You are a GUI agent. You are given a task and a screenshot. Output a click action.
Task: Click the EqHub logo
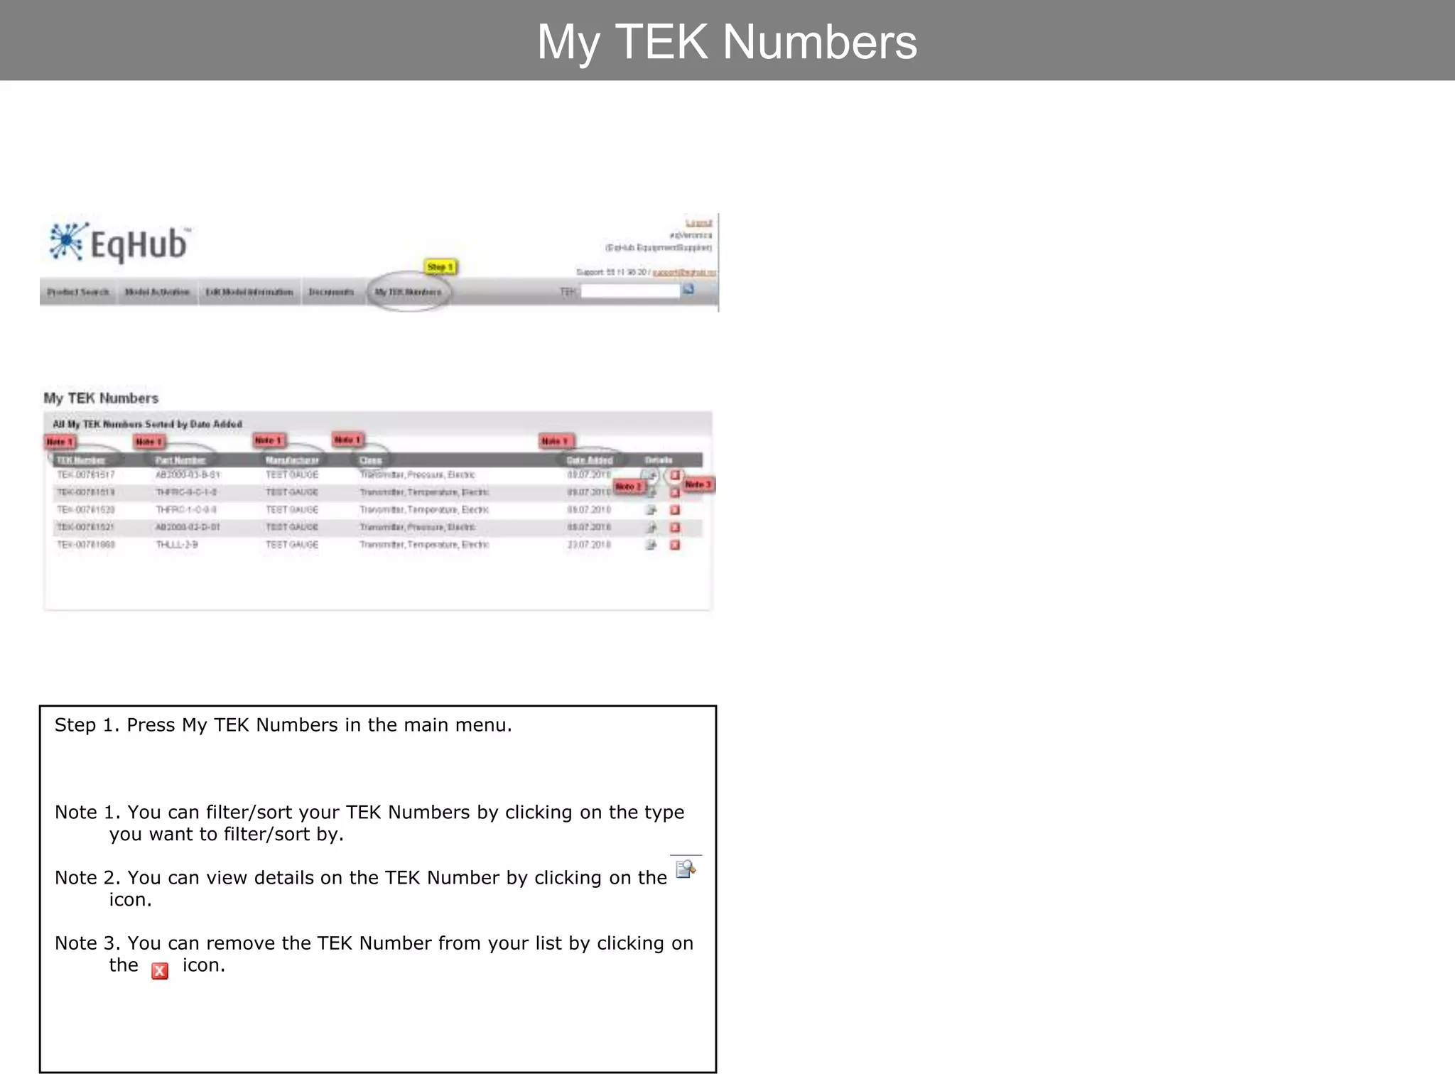(x=119, y=244)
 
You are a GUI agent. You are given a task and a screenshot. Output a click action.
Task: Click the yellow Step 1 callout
(x=440, y=267)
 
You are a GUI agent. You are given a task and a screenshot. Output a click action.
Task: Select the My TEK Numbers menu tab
(x=409, y=292)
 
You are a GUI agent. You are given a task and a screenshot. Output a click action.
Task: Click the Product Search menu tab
(x=78, y=292)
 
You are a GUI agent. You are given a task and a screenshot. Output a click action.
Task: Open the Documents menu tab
(x=331, y=292)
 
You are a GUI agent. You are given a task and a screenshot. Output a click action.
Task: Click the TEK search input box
(x=630, y=291)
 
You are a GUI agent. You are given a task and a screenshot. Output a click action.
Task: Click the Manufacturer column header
(x=292, y=460)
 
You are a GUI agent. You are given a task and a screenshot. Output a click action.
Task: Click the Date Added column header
(x=590, y=460)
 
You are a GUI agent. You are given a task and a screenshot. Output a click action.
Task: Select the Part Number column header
(x=180, y=460)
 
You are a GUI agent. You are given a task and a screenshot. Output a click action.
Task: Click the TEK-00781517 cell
(x=86, y=474)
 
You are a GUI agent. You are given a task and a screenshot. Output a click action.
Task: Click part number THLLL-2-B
(x=177, y=545)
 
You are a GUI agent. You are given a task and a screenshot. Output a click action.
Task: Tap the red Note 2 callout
(x=628, y=487)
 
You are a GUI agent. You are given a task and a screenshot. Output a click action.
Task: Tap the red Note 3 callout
(x=698, y=484)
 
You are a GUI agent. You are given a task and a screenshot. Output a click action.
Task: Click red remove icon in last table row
(x=675, y=545)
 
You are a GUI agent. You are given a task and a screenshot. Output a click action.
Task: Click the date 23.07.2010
(x=589, y=545)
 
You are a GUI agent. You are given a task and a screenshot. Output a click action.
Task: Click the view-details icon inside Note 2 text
(x=686, y=869)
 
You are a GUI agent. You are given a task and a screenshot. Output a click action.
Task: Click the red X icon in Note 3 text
(x=160, y=971)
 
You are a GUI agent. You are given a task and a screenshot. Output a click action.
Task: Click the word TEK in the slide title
(x=661, y=42)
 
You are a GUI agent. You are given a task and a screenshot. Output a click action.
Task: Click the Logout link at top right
(x=698, y=223)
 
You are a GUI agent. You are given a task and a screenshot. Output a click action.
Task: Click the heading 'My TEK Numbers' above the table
(x=101, y=398)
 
